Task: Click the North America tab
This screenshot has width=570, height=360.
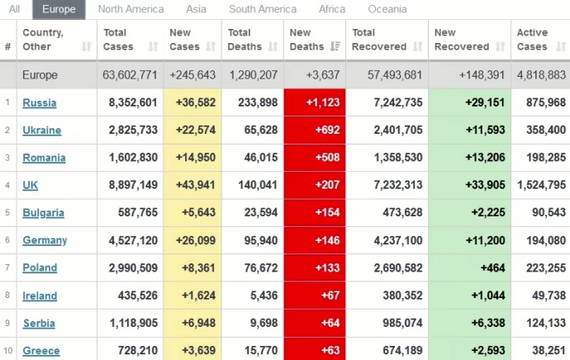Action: pos(131,9)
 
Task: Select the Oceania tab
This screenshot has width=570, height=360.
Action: pos(387,9)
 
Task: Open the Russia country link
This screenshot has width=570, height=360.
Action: pos(39,102)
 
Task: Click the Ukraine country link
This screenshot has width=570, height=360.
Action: pos(41,130)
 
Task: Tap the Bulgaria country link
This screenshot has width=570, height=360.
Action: pos(43,213)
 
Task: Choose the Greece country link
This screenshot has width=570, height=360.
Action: pos(40,351)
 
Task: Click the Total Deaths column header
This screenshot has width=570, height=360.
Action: pos(246,40)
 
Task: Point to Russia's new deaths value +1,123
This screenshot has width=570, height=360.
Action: pos(317,102)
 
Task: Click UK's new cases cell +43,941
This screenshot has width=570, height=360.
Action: pos(192,185)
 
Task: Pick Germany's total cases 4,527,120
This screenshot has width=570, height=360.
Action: pos(132,240)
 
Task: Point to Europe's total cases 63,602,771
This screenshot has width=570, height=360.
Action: pos(131,75)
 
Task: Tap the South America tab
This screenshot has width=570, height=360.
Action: pos(263,9)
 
